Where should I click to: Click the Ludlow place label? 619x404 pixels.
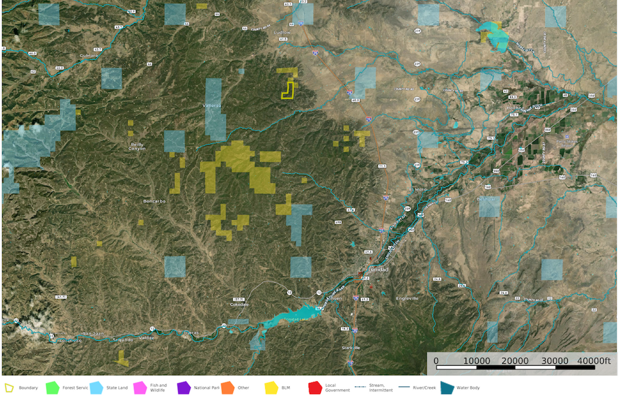[281, 32]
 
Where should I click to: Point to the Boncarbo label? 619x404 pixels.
[154, 201]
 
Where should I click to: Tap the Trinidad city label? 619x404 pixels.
[378, 269]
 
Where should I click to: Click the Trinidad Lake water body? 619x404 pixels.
[293, 319]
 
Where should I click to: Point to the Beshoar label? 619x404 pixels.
[487, 199]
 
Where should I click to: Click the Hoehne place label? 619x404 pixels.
[513, 108]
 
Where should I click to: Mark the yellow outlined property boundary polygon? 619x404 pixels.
[288, 91]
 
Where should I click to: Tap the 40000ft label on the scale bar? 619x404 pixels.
[593, 361]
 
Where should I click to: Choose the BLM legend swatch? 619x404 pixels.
[271, 388]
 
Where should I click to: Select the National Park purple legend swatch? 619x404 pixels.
[183, 388]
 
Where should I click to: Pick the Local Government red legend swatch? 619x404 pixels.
[314, 388]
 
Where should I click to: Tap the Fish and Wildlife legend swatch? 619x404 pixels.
[140, 388]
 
